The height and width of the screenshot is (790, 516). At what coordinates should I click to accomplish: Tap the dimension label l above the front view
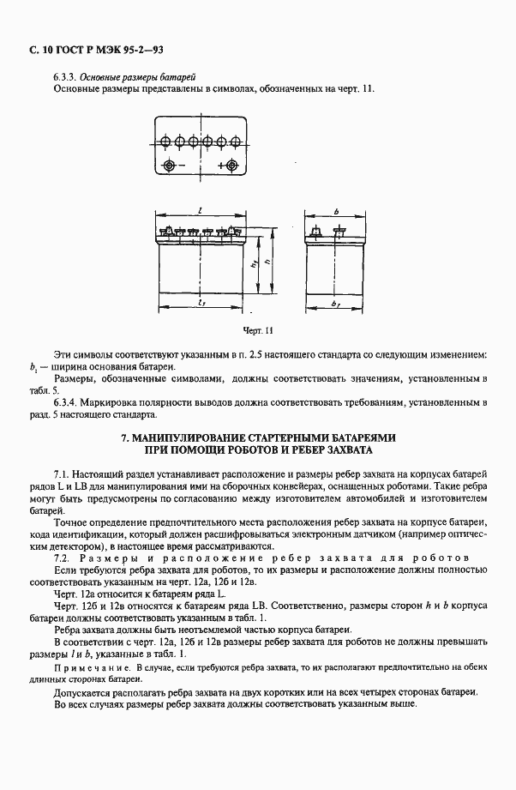[x=198, y=210]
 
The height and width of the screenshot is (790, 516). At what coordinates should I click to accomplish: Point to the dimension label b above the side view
[x=337, y=210]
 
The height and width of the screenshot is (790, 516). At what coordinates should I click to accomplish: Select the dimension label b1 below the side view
[x=338, y=305]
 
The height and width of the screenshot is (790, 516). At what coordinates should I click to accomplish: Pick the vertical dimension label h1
[x=256, y=267]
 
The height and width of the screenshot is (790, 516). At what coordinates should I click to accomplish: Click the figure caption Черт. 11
[x=256, y=329]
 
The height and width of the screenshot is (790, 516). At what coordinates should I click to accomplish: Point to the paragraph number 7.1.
[x=61, y=474]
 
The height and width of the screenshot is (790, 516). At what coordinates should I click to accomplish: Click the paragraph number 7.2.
[x=61, y=558]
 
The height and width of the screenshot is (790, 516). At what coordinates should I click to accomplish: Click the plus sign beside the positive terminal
[x=220, y=165]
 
